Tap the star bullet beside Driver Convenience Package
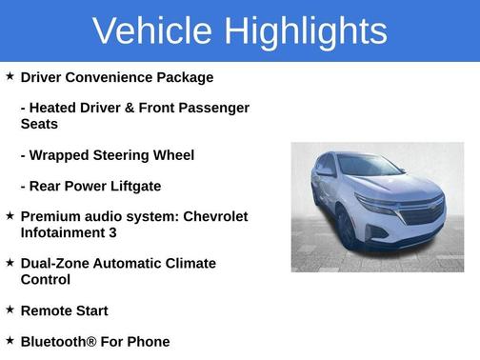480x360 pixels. pyautogui.click(x=10, y=76)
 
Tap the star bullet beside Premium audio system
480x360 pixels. pyautogui.click(x=10, y=215)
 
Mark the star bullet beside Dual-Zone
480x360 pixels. pyautogui.click(x=10, y=262)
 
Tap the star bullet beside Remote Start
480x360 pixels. pyautogui.click(x=10, y=310)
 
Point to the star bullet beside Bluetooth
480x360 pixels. pyautogui.click(x=10, y=340)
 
